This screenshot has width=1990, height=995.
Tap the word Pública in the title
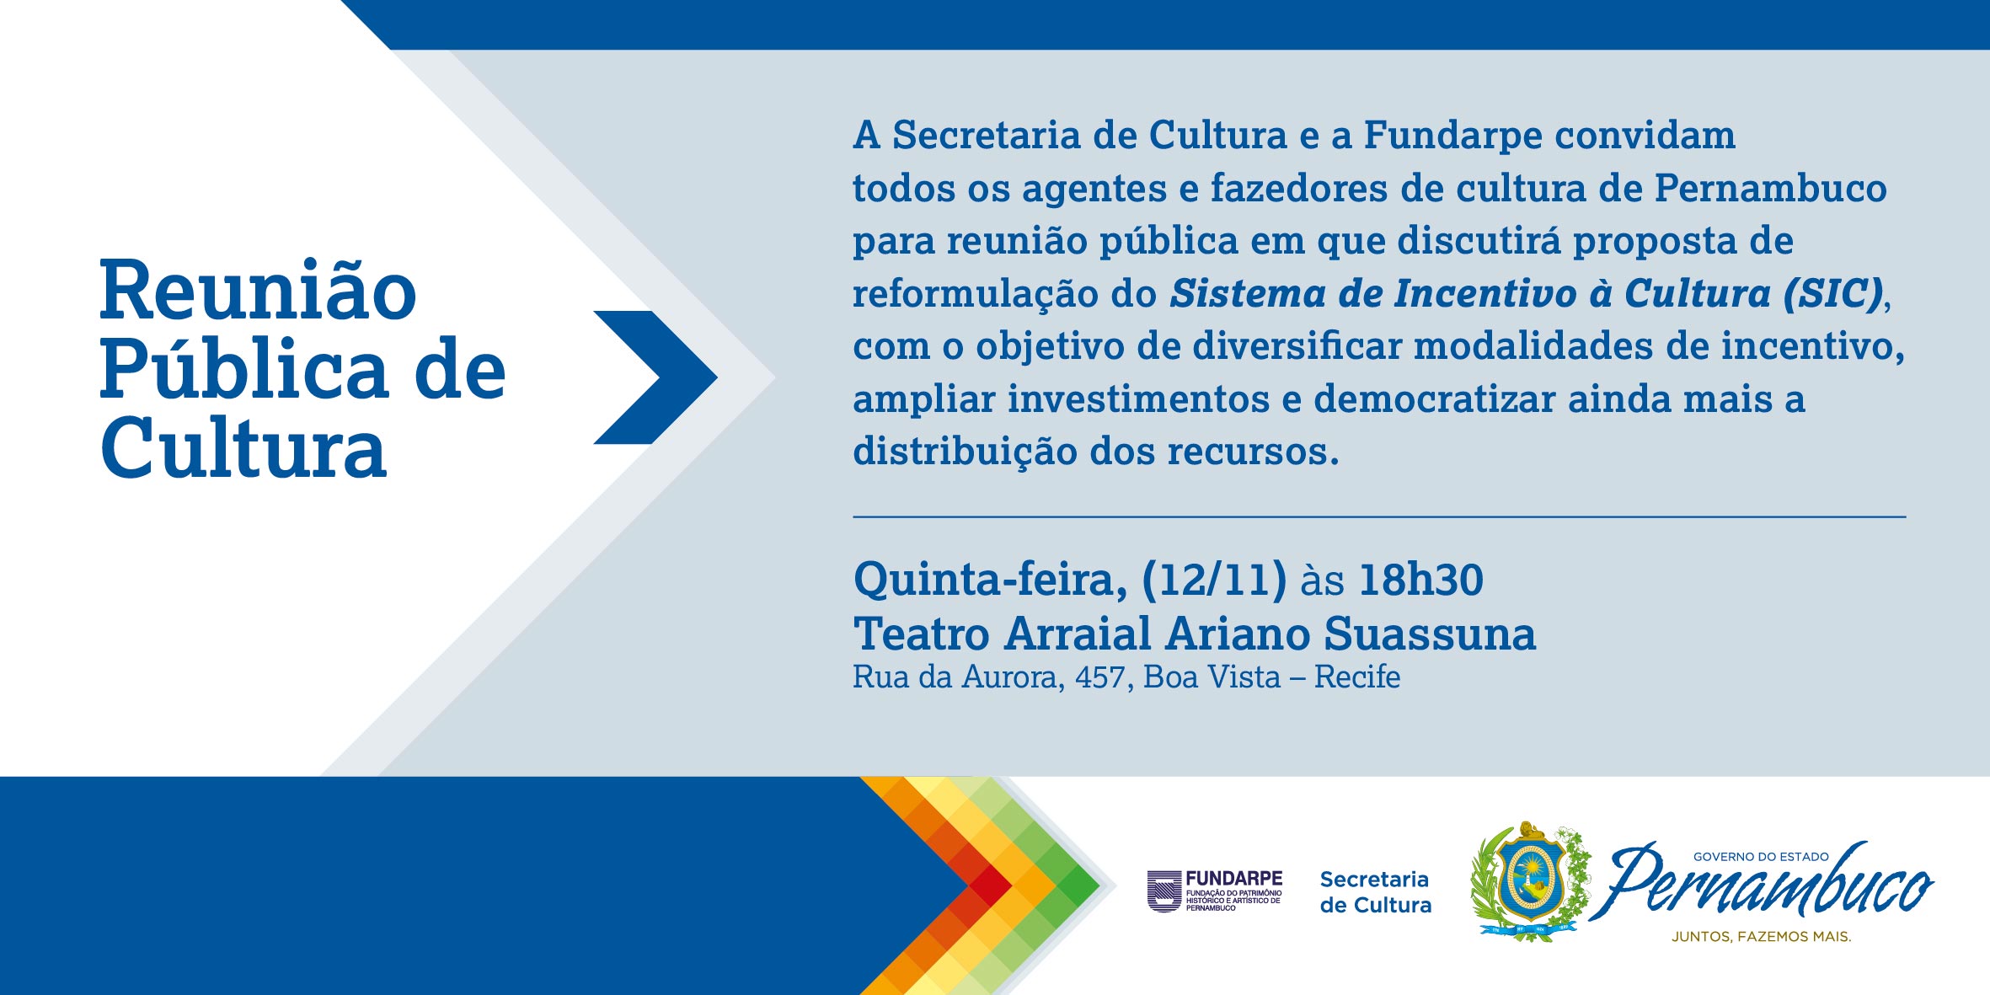[x=243, y=371]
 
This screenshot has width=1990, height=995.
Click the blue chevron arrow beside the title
[x=655, y=377]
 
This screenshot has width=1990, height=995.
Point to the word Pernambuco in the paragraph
[x=1770, y=188]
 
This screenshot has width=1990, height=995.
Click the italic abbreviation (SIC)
[x=1832, y=294]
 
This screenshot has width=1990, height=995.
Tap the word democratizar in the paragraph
[x=1434, y=399]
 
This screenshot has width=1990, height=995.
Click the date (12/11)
[x=1214, y=580]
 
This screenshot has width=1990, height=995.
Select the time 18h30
[x=1421, y=580]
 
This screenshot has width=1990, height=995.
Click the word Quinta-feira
[x=991, y=580]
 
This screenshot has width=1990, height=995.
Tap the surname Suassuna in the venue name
[x=1430, y=634]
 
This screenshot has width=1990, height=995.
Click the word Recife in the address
[x=1357, y=677]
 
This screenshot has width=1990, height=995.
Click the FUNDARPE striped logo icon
[x=1164, y=891]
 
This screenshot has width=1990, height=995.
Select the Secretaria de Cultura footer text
[x=1376, y=892]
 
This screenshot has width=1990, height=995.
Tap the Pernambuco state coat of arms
[x=1529, y=881]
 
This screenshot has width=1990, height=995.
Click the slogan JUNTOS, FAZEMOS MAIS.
[x=1762, y=936]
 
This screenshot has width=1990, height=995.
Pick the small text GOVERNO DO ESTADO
[x=1761, y=857]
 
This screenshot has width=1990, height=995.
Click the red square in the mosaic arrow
[x=990, y=885]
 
